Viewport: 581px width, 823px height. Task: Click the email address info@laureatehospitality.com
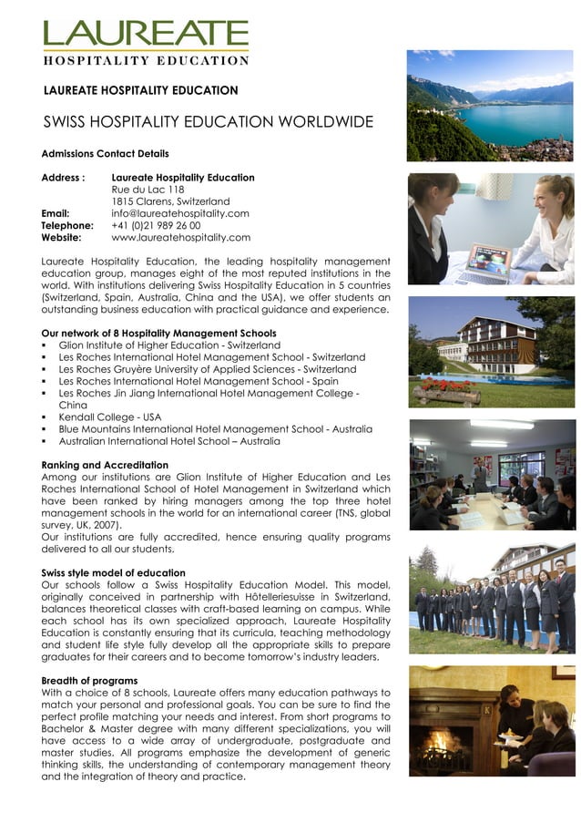click(180, 213)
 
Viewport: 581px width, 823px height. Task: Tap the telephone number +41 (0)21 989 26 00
click(156, 225)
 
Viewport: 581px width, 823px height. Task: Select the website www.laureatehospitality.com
click(180, 238)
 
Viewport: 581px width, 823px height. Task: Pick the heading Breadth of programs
click(89, 680)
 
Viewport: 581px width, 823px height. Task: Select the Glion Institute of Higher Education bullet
click(169, 345)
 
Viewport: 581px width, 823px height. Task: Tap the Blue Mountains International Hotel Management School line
click(215, 428)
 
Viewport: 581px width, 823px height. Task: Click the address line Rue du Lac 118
click(148, 190)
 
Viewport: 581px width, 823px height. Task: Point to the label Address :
click(63, 178)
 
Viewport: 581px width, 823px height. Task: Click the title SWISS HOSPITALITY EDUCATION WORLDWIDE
click(209, 122)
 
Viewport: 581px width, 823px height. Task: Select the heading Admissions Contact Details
click(105, 153)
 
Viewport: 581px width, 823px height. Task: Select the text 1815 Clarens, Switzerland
click(170, 201)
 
